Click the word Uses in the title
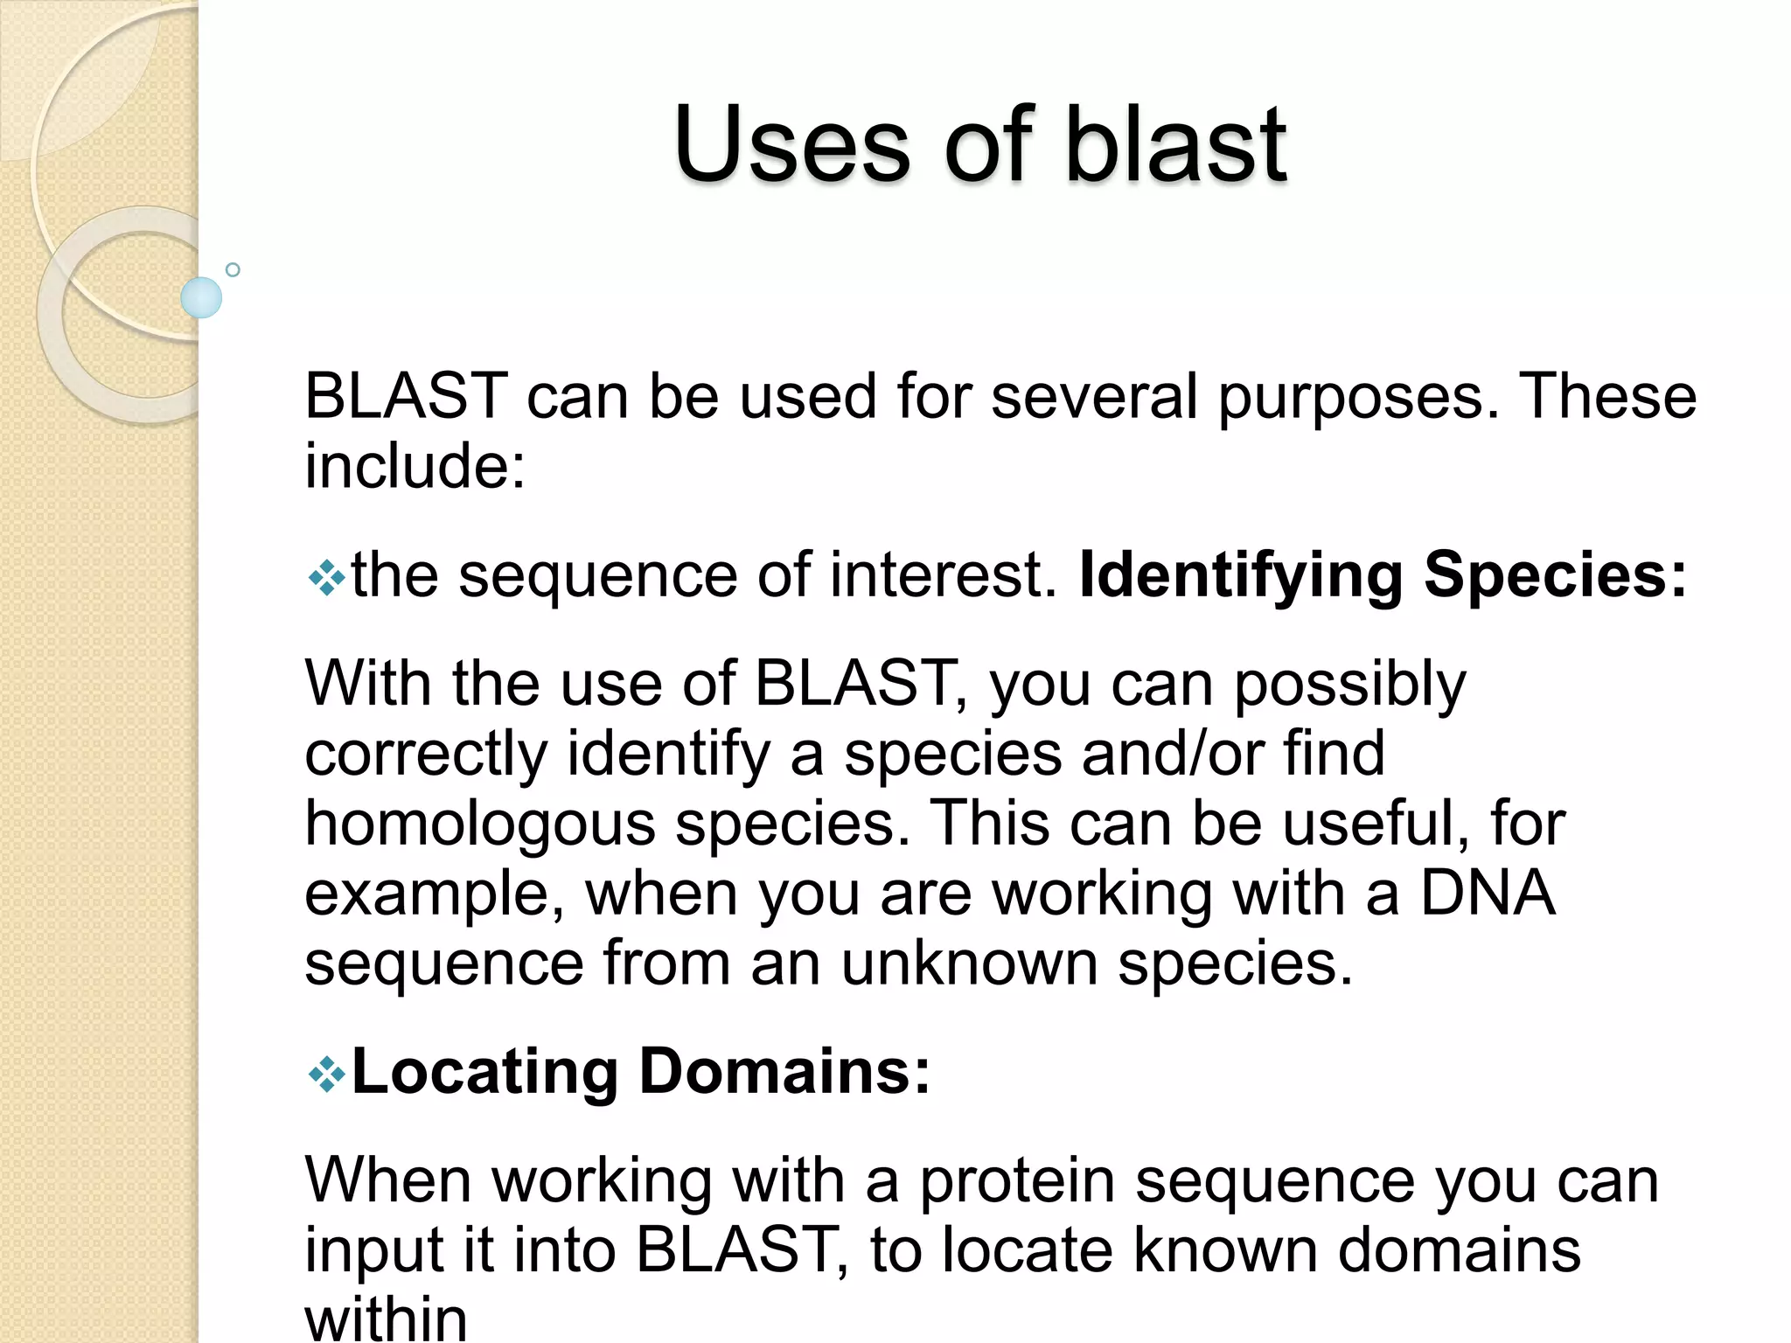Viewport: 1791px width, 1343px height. click(791, 144)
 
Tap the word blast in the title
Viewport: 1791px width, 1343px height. click(1174, 144)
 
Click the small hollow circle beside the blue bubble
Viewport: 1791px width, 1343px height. click(233, 270)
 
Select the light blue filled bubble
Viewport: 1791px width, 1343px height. click(201, 297)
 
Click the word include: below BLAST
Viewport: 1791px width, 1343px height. click(415, 465)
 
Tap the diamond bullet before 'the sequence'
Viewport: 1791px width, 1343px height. click(327, 578)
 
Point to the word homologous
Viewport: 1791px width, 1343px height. click(479, 825)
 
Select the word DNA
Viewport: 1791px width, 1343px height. click(1487, 894)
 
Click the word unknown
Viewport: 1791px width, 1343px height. click(969, 964)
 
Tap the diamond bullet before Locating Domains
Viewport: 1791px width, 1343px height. click(327, 1075)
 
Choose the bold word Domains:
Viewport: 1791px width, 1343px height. click(784, 1072)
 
